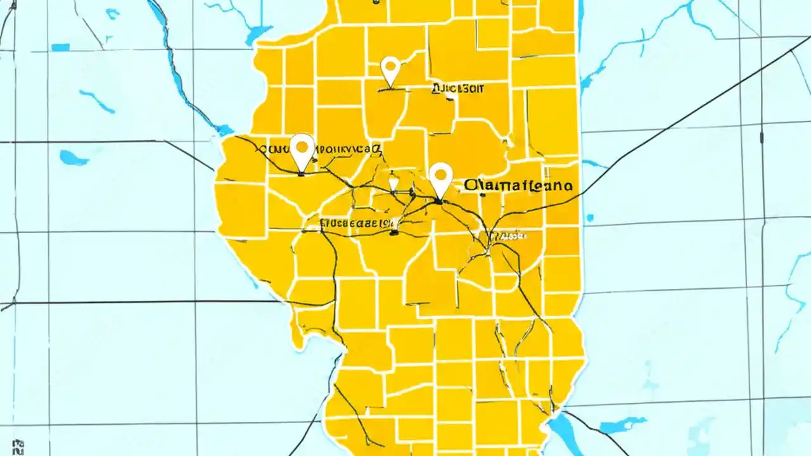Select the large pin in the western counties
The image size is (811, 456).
pyautogui.click(x=302, y=151)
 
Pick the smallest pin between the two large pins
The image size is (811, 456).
pyautogui.click(x=393, y=184)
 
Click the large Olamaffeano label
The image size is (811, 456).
pyautogui.click(x=518, y=186)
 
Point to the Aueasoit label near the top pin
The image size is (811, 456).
pyautogui.click(x=456, y=89)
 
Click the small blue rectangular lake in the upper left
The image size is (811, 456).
pyautogui.click(x=60, y=47)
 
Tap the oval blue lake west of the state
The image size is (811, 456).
pyautogui.click(x=73, y=158)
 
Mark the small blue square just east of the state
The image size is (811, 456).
pyautogui.click(x=590, y=218)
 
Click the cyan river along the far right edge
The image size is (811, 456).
pyautogui.click(x=792, y=298)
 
